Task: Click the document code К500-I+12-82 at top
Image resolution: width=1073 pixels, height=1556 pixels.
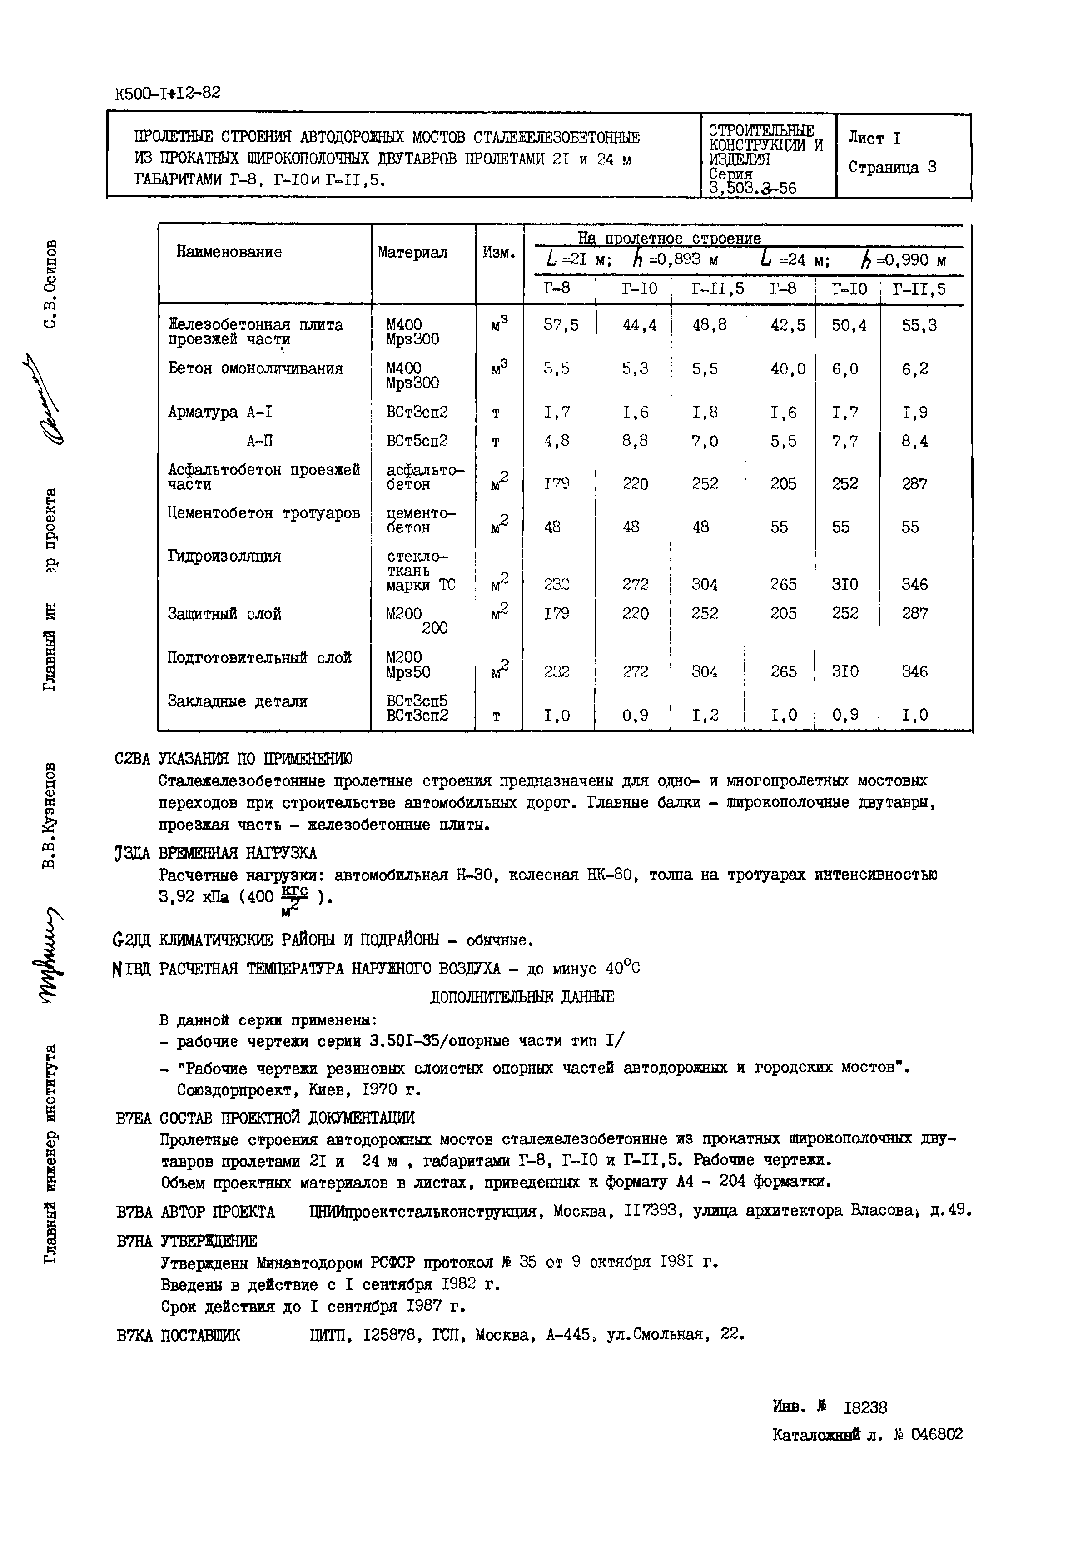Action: pos(168,93)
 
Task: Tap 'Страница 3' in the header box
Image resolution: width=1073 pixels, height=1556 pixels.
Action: pos(891,168)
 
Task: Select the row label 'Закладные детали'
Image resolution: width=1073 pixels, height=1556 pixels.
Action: pos(237,702)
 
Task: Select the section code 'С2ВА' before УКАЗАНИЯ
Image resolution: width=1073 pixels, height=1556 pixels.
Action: pos(134,759)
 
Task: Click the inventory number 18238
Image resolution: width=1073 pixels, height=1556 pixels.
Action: pos(865,1408)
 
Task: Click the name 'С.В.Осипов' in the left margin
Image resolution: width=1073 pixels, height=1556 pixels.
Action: pos(51,283)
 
